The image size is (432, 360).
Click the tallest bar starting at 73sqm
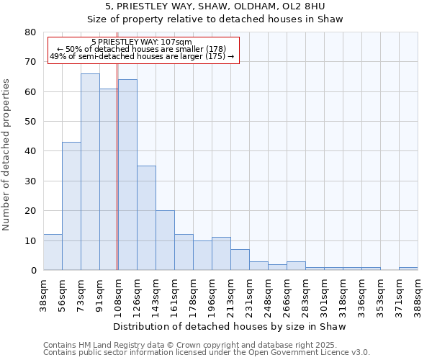coord(90,172)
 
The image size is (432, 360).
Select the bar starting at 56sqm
coord(71,206)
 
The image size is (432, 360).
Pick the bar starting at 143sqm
coord(165,240)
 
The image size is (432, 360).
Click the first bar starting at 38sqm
coord(53,252)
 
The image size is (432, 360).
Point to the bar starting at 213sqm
coord(240,260)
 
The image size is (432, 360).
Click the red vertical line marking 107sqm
coord(117,166)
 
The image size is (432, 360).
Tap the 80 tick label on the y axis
coord(30,32)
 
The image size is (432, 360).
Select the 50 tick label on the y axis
coord(30,122)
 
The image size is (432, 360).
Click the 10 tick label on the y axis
coord(30,240)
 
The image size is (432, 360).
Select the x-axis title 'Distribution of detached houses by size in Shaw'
coord(230,327)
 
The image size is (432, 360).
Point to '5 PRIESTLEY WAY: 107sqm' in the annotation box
coord(142,42)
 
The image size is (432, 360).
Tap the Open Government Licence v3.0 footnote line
coord(207,353)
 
